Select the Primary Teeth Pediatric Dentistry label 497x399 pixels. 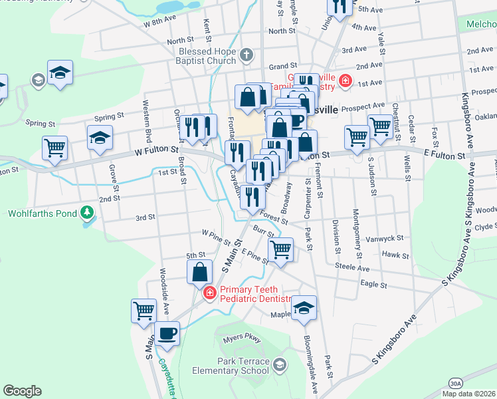coord(256,294)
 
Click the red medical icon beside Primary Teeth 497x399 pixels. coord(209,293)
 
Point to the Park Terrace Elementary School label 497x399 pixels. coord(231,366)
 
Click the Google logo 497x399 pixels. coord(22,391)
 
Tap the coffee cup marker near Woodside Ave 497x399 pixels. coord(167,333)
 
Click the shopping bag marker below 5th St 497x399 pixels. coord(200,272)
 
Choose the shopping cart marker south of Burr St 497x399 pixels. coord(281,250)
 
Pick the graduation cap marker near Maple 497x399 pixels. coord(304,308)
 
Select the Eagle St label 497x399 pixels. coord(373,285)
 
